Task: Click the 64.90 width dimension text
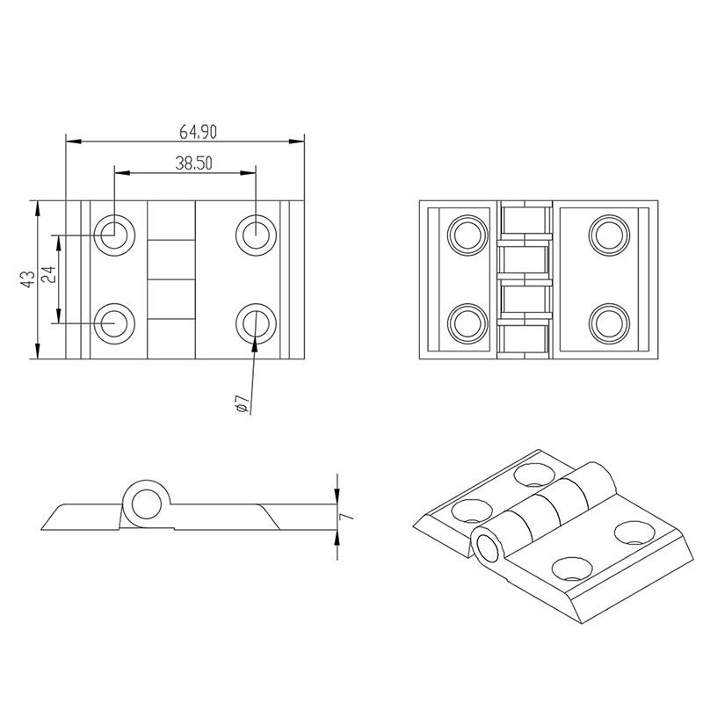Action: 198,132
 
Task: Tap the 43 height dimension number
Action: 27,279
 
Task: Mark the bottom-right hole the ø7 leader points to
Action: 255,323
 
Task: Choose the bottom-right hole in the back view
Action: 607,323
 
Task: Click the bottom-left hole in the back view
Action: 466,323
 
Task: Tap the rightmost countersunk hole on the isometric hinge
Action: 631,532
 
